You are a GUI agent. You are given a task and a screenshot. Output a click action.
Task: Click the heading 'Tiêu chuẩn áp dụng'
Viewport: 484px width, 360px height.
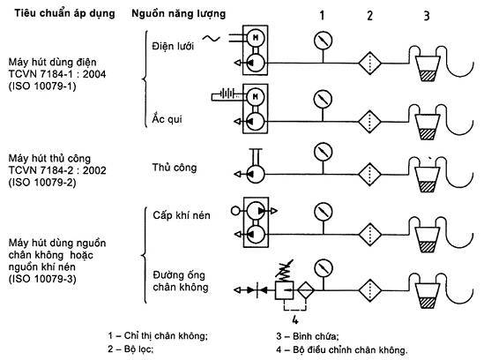(x=64, y=13)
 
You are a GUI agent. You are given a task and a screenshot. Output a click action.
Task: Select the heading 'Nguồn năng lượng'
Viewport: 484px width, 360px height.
(x=178, y=14)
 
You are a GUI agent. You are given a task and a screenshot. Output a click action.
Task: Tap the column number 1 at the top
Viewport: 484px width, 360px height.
(x=322, y=15)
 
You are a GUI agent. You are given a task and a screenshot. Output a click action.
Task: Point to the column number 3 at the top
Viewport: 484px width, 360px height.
(x=427, y=16)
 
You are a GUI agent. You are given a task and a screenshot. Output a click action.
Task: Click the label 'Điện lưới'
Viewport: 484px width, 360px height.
(x=173, y=46)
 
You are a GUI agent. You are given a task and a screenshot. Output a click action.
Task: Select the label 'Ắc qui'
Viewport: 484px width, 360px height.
(x=167, y=118)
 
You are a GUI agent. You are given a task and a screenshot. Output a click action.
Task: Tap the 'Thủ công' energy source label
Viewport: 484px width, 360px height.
(x=175, y=168)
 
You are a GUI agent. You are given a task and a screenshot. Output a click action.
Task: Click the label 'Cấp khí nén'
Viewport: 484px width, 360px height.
(x=182, y=215)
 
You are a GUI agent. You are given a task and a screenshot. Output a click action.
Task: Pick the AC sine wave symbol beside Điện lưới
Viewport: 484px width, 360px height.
(x=212, y=38)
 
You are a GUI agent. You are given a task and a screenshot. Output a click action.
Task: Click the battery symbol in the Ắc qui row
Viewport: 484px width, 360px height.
(x=227, y=94)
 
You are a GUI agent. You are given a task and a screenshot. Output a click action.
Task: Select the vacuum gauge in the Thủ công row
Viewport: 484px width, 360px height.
(x=323, y=152)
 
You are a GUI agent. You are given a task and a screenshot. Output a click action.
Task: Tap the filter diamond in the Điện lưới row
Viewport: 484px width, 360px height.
(x=369, y=64)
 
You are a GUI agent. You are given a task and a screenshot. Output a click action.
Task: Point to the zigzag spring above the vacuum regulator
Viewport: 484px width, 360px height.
(x=284, y=270)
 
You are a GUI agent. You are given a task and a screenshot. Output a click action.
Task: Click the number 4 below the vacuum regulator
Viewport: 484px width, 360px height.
(x=295, y=319)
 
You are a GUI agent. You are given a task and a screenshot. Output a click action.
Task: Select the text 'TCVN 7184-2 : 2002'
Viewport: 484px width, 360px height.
(x=57, y=170)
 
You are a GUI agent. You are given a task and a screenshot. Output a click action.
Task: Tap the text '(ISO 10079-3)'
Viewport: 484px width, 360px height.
(x=42, y=279)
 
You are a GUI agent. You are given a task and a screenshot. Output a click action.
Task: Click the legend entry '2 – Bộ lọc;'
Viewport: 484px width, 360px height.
(x=130, y=349)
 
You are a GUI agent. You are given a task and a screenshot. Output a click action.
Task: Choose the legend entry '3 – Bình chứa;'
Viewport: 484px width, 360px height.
(x=307, y=336)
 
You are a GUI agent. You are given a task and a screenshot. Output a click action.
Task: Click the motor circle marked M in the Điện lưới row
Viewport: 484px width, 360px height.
(x=256, y=38)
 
